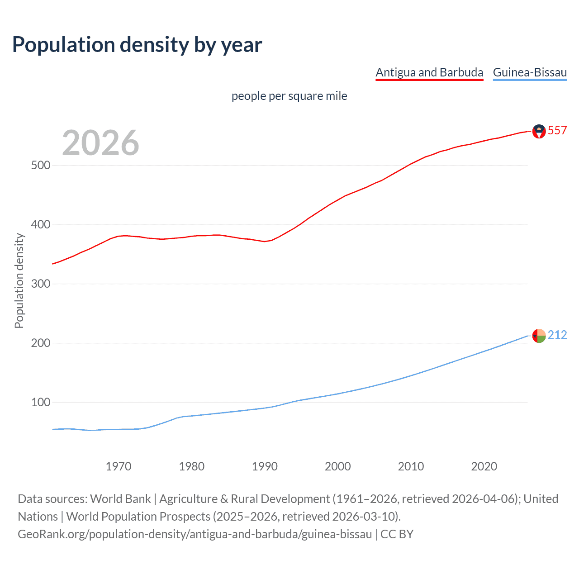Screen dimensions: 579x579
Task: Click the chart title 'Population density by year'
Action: point(137,45)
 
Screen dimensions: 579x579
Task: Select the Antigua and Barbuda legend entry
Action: point(429,72)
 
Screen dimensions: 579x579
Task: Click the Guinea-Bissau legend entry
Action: point(530,72)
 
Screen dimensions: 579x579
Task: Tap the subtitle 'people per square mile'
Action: point(289,96)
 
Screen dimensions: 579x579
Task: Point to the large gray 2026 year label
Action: point(100,143)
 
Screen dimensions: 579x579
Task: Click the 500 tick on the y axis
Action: point(40,166)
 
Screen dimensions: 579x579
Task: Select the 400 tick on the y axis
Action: point(40,225)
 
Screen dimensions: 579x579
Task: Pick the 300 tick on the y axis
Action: point(40,284)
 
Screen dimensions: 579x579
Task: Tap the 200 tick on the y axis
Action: point(40,343)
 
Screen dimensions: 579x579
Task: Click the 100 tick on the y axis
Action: point(40,403)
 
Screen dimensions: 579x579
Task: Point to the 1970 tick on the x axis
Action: point(119,466)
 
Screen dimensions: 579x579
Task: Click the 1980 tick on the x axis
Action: point(191,466)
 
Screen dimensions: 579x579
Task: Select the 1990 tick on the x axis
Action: point(265,466)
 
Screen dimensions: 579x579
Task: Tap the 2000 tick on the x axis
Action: point(338,466)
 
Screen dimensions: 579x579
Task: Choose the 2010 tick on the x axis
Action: point(411,466)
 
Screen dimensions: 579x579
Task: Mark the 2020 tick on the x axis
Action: point(484,466)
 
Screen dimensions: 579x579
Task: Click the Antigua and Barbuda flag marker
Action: point(539,131)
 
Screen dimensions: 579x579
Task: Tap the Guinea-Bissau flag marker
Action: point(539,336)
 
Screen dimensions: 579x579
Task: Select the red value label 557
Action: point(557,131)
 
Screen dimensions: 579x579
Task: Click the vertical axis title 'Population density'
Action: point(19,280)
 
